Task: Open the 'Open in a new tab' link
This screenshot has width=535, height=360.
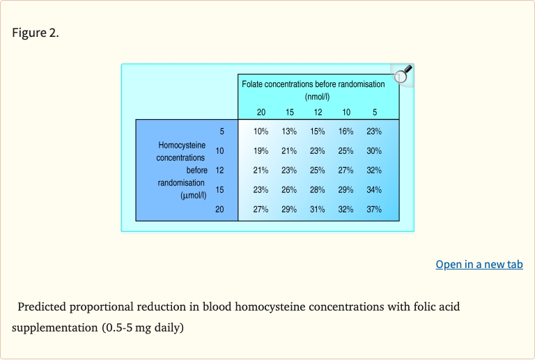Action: (x=479, y=264)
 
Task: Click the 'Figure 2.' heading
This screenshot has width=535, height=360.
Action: (x=36, y=33)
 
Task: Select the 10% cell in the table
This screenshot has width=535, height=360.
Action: (x=261, y=131)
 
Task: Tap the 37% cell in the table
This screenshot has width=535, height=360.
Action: (x=374, y=209)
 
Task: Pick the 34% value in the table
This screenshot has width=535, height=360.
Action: (x=374, y=189)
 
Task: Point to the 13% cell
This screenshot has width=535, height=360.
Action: (x=289, y=131)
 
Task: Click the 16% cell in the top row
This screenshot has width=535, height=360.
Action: (x=346, y=131)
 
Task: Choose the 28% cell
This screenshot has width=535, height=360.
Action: (x=318, y=189)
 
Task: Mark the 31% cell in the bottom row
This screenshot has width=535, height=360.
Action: (x=318, y=209)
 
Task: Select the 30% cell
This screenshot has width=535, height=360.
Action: (x=374, y=150)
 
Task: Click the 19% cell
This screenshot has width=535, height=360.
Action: (x=261, y=150)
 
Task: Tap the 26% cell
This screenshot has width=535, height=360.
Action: (x=289, y=189)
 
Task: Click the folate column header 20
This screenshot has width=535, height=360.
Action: (x=261, y=112)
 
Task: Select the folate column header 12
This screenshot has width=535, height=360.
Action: (x=318, y=112)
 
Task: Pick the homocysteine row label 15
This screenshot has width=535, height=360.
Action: (x=219, y=189)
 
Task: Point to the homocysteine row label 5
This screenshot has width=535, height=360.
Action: (x=222, y=131)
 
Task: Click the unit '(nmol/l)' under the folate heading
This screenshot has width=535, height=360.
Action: (x=318, y=97)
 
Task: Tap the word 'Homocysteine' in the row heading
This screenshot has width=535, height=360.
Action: (x=182, y=146)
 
